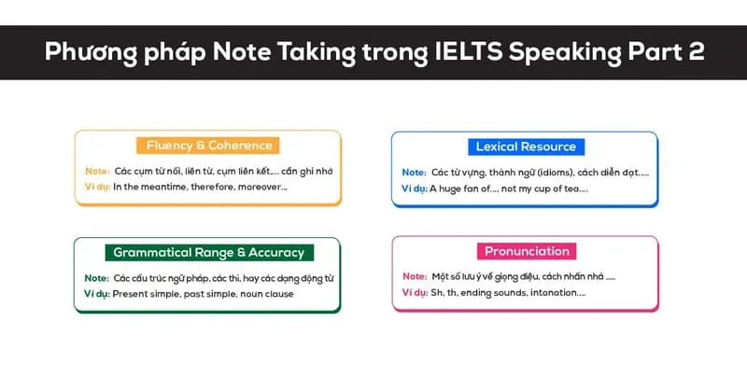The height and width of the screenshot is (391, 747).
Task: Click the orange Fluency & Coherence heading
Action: pos(208,146)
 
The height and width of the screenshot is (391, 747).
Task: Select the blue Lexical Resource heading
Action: pos(526,147)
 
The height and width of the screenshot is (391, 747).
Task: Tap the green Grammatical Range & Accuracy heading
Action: pos(208,252)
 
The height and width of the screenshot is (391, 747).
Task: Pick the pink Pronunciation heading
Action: pos(527,251)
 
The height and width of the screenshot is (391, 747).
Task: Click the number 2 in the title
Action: pos(695,52)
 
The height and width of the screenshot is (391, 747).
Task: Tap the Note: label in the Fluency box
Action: pos(97,172)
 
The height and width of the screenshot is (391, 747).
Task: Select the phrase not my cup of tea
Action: pos(551,189)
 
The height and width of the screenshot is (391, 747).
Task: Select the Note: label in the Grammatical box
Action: pos(97,278)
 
